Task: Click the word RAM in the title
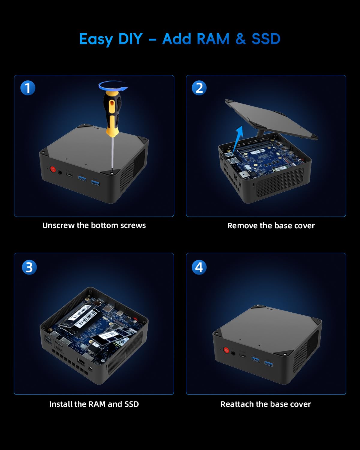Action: click(x=213, y=39)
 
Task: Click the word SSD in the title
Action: click(x=266, y=39)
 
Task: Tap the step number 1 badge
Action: click(x=28, y=88)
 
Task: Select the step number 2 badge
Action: click(x=199, y=88)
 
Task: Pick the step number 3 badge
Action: click(x=29, y=267)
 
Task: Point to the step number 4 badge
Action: click(x=199, y=267)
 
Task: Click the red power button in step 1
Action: click(x=53, y=169)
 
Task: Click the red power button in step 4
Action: click(x=226, y=350)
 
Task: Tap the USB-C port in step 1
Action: click(x=69, y=175)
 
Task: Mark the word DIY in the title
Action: click(x=130, y=39)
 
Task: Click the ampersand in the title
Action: click(x=241, y=39)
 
